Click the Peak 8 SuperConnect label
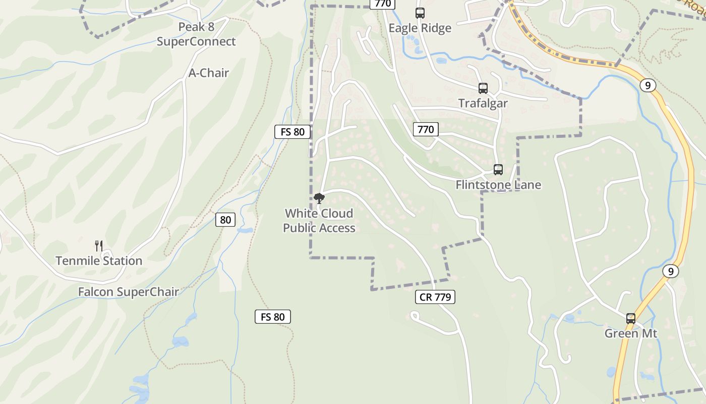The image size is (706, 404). tap(196, 34)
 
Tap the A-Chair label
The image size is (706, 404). tap(208, 73)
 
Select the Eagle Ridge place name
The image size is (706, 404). tap(420, 28)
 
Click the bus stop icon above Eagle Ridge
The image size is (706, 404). tap(420, 13)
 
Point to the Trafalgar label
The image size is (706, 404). tap(483, 103)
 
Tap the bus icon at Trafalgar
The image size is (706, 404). tap(483, 88)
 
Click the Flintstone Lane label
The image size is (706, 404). tap(498, 185)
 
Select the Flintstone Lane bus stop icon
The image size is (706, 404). tap(498, 170)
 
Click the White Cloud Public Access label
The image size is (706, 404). tap(319, 221)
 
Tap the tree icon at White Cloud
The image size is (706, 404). tap(319, 198)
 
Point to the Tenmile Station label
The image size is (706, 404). tap(99, 261)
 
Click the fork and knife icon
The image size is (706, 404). tap(99, 246)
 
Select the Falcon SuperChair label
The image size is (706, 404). tap(129, 292)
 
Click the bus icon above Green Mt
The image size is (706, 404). tap(631, 319)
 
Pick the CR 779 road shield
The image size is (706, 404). tap(435, 297)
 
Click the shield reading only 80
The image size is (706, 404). tap(225, 220)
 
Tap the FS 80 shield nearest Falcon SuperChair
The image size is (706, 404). tap(272, 317)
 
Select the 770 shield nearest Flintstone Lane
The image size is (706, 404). tap(426, 129)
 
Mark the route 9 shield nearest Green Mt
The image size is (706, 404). tap(670, 271)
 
